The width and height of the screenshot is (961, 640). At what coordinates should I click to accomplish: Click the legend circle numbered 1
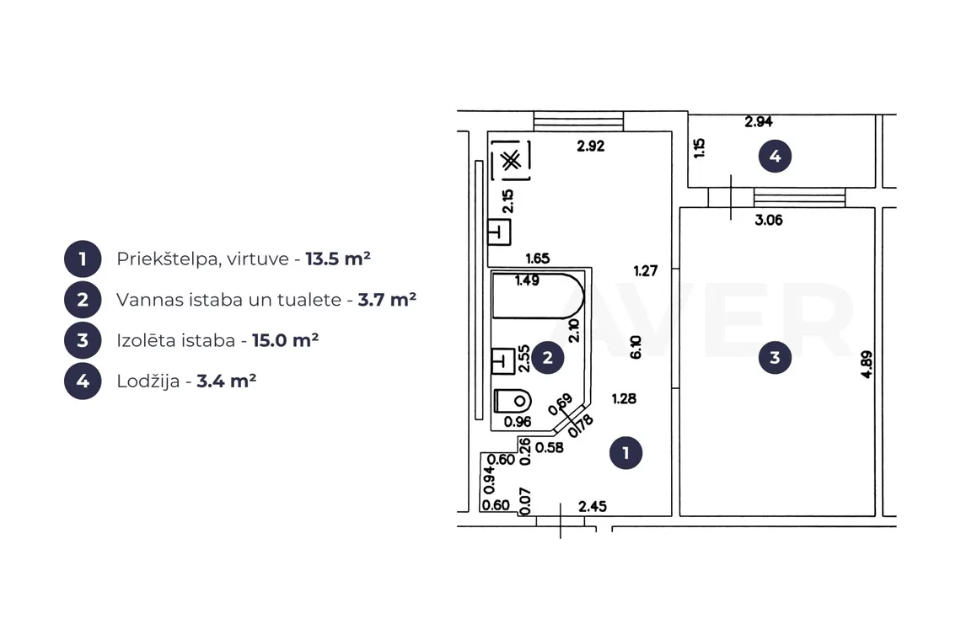point(83,259)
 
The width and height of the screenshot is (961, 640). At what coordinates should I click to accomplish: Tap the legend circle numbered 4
point(83,381)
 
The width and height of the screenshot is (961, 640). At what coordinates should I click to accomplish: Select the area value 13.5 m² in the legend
point(338,259)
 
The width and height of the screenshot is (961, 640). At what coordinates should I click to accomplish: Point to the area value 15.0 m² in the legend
point(285,340)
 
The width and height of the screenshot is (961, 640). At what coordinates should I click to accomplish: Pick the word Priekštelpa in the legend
point(169,259)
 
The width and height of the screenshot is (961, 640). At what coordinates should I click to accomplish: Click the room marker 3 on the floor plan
point(775,358)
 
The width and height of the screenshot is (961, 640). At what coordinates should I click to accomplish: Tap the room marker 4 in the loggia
point(775,156)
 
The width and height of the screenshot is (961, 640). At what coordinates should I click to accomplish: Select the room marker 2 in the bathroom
point(547,358)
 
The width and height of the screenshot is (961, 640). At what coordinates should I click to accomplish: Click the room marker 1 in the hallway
point(625,453)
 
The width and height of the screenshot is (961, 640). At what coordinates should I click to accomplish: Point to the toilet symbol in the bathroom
point(513,401)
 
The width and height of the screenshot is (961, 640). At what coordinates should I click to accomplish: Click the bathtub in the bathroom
point(538,296)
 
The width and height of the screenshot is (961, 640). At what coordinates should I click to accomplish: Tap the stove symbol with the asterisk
point(511,161)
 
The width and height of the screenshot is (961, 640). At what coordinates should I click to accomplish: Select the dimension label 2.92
point(591,146)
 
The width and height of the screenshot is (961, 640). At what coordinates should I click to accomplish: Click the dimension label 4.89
point(866,364)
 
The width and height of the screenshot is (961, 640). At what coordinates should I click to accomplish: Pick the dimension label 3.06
point(769,220)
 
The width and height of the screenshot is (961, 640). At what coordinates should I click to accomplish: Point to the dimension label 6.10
point(636,347)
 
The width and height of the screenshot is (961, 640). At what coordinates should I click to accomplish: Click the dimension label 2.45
point(593,506)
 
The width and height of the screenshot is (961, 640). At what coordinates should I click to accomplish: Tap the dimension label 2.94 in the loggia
point(759,122)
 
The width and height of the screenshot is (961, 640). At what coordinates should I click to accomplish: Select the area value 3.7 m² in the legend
point(387,300)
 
